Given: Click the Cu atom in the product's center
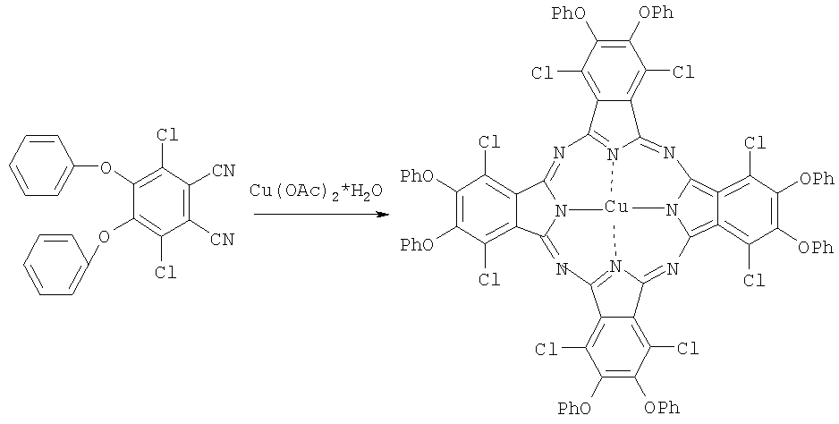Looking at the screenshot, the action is (616, 208).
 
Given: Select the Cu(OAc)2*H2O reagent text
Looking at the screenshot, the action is (316, 191).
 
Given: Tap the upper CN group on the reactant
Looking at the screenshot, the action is (223, 172).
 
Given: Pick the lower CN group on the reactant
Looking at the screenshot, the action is (222, 240).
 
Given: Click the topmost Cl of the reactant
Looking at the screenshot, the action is (166, 135).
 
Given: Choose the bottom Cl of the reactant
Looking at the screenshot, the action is (165, 273).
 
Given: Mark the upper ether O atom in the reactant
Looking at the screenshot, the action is (106, 170).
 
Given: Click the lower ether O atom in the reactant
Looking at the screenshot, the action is (105, 236).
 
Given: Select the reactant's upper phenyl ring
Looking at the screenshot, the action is (41, 165).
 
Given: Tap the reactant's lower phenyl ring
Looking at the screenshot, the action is (56, 266).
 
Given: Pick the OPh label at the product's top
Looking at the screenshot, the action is (656, 13).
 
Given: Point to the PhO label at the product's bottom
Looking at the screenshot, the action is (574, 410).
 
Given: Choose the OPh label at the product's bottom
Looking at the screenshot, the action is (662, 409).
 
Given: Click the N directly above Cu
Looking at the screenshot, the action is (614, 156).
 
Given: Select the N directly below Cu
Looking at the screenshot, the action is (615, 266).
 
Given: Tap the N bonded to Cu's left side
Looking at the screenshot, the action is (561, 211).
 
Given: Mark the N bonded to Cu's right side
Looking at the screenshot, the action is (671, 210).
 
